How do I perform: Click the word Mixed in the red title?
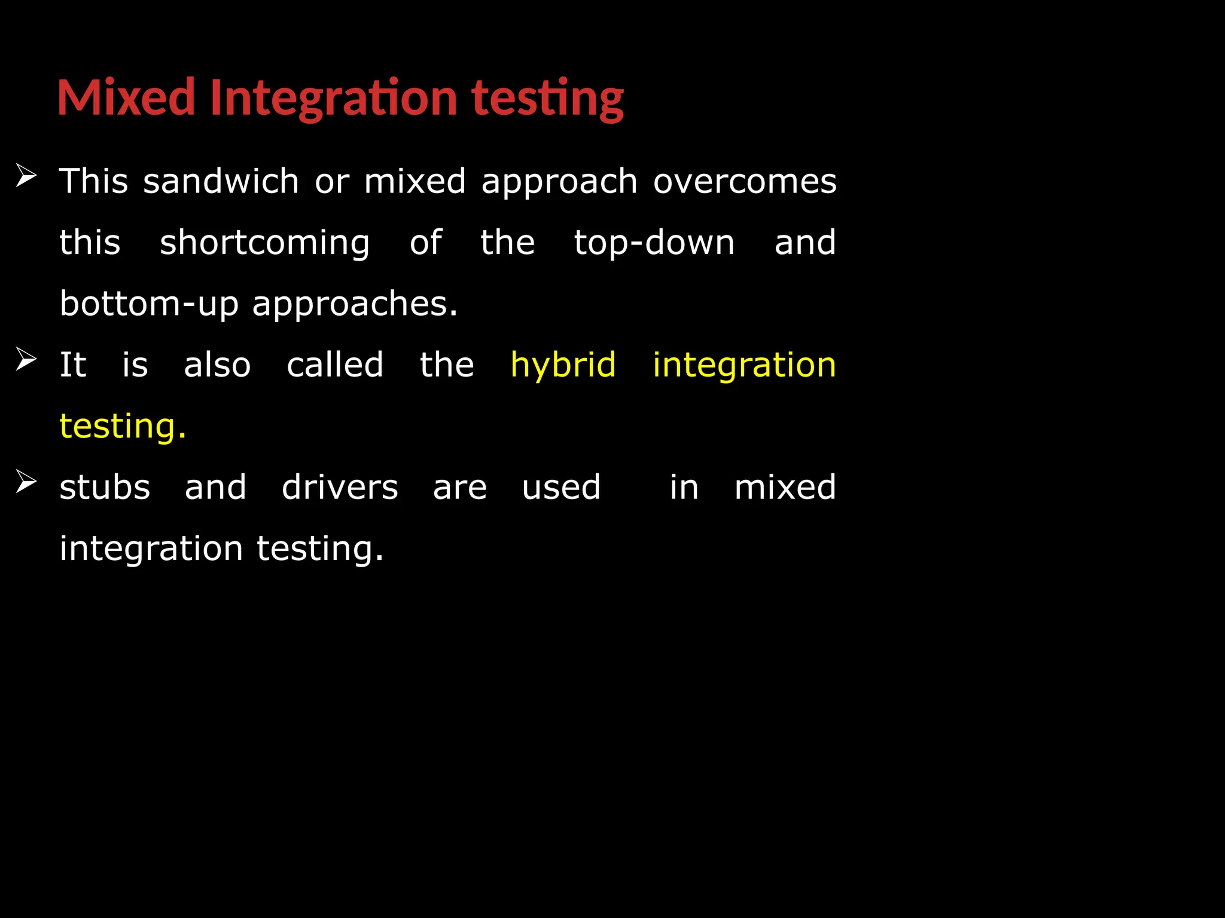coord(126,97)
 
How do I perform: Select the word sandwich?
coord(221,181)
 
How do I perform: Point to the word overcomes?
coord(745,181)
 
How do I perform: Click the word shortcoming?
coord(264,243)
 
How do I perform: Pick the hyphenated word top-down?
coord(654,243)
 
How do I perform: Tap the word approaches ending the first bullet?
coord(355,304)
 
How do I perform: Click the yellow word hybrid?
coord(563,365)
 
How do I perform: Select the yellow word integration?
coord(744,365)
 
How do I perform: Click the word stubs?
coord(105,487)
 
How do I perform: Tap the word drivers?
coord(340,487)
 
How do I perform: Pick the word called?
coord(335,365)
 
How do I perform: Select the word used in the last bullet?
coord(561,487)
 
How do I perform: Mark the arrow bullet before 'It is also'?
coord(26,359)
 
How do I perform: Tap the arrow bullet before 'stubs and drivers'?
coord(26,481)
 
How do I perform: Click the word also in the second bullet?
coord(217,365)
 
